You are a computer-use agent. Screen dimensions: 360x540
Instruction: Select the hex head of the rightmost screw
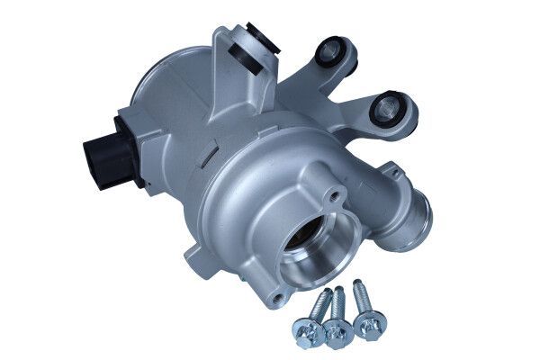(x=367, y=322)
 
